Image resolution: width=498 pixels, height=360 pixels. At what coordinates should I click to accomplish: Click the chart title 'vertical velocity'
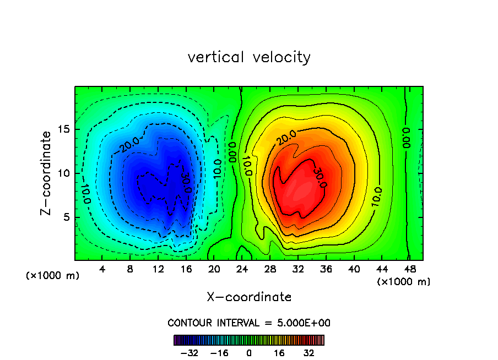click(249, 57)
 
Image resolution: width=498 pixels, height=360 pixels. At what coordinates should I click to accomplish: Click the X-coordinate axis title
click(249, 297)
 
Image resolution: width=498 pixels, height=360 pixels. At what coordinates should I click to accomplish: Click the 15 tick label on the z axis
click(63, 129)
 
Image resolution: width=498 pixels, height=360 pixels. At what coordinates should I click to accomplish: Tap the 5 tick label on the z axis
click(66, 217)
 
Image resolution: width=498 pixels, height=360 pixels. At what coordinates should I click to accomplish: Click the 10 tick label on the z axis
click(63, 173)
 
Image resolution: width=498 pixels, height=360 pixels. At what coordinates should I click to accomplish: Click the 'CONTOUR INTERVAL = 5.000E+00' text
click(249, 323)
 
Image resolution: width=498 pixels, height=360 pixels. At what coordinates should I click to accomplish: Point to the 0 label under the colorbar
click(249, 353)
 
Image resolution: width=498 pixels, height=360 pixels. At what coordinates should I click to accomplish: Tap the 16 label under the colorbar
click(279, 353)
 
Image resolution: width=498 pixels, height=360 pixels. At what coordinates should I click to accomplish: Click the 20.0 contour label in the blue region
click(128, 143)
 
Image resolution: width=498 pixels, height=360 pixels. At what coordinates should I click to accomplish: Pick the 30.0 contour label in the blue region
click(186, 182)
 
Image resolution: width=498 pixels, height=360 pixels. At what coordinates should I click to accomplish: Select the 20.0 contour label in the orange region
click(287, 138)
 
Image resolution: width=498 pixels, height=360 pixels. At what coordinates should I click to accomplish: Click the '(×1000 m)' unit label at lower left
click(53, 276)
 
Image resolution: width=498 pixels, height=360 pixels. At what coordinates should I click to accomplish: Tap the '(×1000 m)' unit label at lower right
click(404, 282)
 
